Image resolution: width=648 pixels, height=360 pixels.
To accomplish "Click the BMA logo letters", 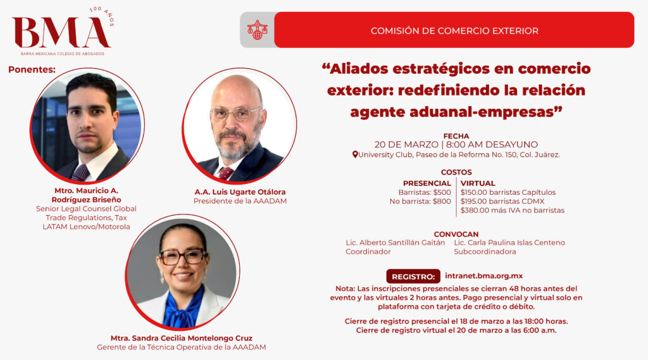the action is pos(61,32).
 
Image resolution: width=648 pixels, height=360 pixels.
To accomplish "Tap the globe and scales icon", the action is pos(257,30).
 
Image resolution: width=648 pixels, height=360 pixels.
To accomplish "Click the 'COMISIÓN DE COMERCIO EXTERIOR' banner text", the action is pos(454,30).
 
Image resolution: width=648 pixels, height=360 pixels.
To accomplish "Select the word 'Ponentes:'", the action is pos(32,70).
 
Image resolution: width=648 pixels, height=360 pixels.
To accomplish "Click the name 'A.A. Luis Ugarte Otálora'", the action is pos(240,192).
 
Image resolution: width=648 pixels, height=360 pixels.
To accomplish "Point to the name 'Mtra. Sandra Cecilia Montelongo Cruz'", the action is pos(182,338).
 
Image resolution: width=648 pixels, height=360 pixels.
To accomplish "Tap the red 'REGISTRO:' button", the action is pos(413,276).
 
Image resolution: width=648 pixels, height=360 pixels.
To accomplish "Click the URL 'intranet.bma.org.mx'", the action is pos(484,276).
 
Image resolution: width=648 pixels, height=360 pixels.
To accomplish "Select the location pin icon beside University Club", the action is pos(354,154).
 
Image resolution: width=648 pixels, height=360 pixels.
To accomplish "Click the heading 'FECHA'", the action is pos(456,136).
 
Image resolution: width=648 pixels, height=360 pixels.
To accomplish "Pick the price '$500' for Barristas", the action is pos(442,192).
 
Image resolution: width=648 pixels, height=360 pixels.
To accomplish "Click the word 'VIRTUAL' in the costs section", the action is pos(478,183).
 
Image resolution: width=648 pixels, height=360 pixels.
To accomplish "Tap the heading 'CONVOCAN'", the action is pos(456,234).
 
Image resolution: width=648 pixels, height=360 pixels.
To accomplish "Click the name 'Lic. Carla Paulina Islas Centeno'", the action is pos(509,242).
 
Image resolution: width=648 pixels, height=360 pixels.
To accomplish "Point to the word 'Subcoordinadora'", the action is pos(485,251).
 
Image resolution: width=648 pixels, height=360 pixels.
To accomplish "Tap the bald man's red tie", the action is pos(226,173).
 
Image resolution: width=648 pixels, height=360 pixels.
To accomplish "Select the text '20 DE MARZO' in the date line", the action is pos(406,145).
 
